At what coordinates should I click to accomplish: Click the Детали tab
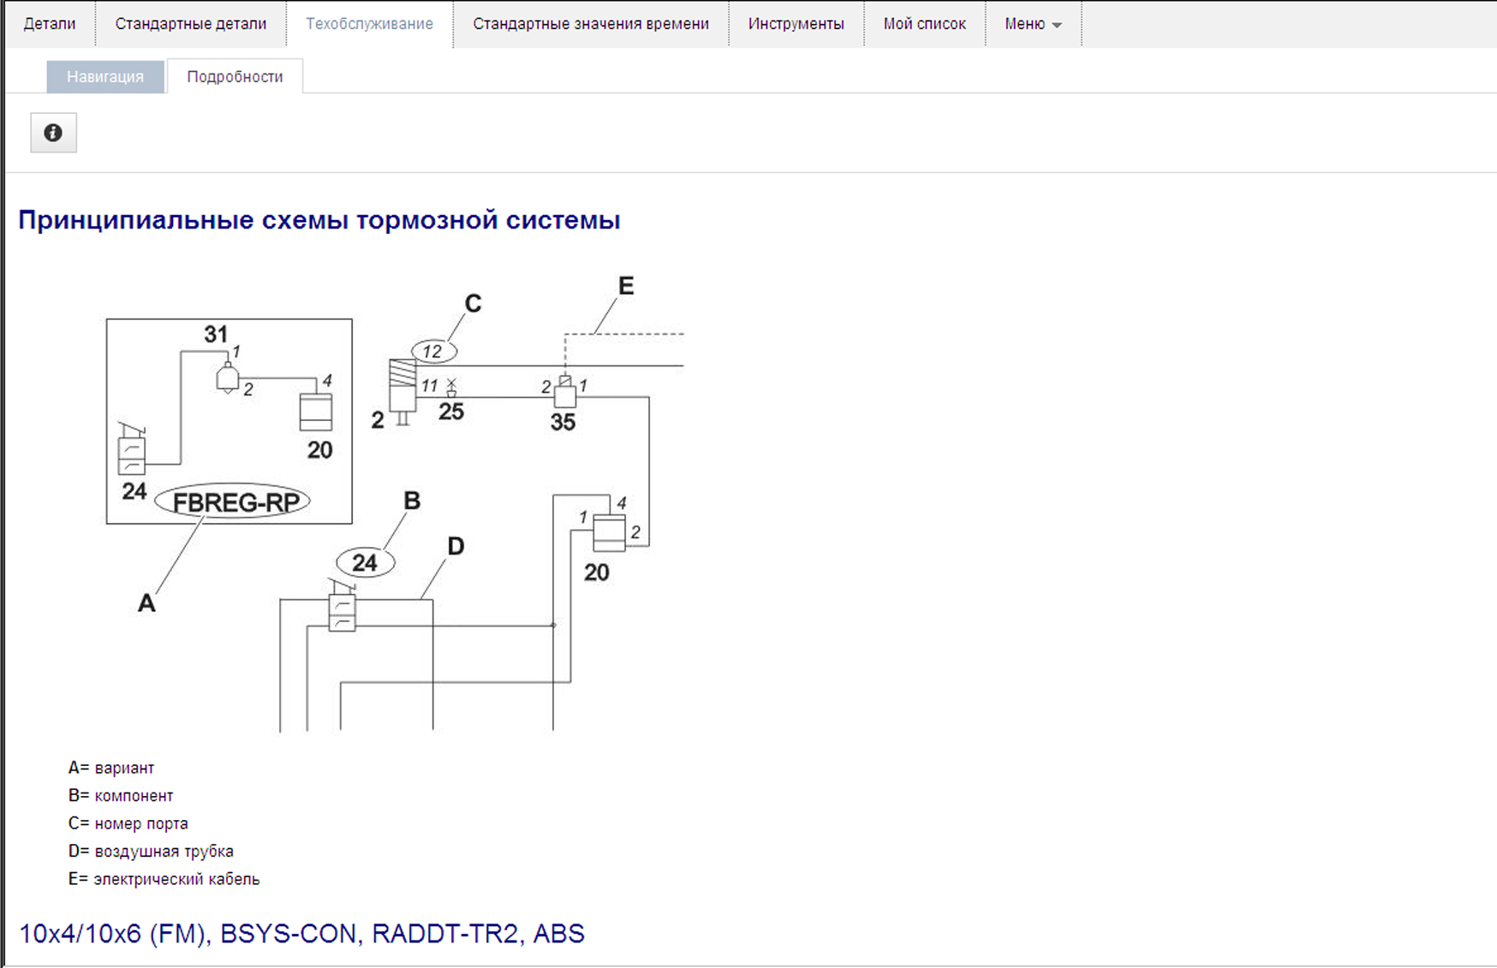pyautogui.click(x=50, y=24)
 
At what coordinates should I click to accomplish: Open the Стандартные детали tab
pyautogui.click(x=190, y=24)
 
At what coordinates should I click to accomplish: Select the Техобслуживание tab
pyautogui.click(x=369, y=24)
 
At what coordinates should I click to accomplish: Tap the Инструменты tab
pyautogui.click(x=796, y=24)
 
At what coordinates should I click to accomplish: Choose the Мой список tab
pyautogui.click(x=924, y=24)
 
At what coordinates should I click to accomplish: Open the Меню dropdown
pyautogui.click(x=1033, y=24)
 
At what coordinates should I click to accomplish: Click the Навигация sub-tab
pyautogui.click(x=105, y=77)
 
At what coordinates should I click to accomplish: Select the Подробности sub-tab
pyautogui.click(x=235, y=77)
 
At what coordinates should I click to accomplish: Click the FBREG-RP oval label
pyautogui.click(x=233, y=502)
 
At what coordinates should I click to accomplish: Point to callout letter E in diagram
pyautogui.click(x=626, y=286)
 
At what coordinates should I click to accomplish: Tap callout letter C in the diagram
pyautogui.click(x=473, y=304)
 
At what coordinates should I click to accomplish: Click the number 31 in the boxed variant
pyautogui.click(x=216, y=334)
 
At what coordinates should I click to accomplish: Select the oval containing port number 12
pyautogui.click(x=433, y=351)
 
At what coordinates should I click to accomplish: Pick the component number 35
pyautogui.click(x=563, y=422)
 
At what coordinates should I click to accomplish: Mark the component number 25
pyautogui.click(x=451, y=412)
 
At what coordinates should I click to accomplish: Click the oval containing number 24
pyautogui.click(x=366, y=562)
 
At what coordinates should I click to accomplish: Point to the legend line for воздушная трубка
pyautogui.click(x=152, y=852)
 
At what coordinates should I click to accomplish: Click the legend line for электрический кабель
pyautogui.click(x=164, y=879)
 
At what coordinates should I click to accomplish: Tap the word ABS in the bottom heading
pyautogui.click(x=559, y=934)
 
